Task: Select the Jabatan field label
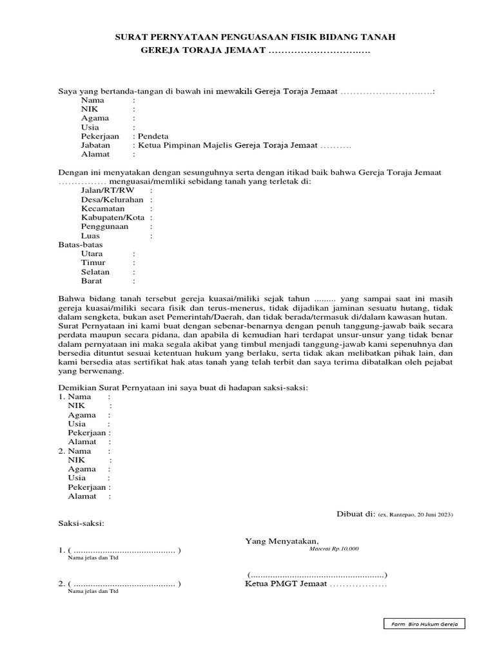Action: [x=95, y=145]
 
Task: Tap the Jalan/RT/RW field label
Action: [x=108, y=191]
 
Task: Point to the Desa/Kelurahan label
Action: [x=112, y=200]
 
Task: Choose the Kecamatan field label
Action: [x=103, y=209]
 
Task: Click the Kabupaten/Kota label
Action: [x=113, y=218]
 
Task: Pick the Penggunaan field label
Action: [x=104, y=227]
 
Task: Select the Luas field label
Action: [x=91, y=236]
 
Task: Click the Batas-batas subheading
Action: [x=81, y=245]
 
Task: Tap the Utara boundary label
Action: [x=92, y=254]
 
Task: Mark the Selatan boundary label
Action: [x=95, y=272]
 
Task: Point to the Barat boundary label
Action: [x=92, y=281]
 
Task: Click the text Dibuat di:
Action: [x=356, y=514]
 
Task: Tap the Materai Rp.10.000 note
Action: [x=334, y=548]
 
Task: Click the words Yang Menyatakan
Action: [x=282, y=541]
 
